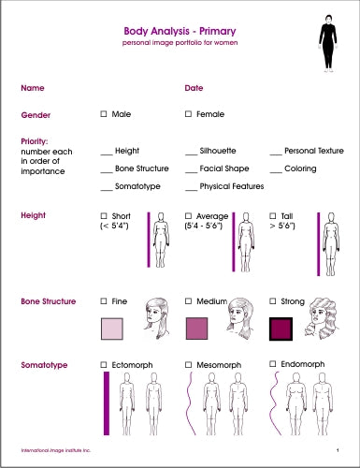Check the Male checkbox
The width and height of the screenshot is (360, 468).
pos(104,114)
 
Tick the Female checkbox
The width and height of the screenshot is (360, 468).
pos(189,114)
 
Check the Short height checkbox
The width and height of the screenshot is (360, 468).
pos(104,215)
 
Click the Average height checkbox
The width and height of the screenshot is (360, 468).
pos(189,215)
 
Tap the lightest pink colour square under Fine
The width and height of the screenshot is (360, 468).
pos(111,329)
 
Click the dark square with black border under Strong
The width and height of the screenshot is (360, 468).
pos(281,329)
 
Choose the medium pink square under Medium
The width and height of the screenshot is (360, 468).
pos(196,329)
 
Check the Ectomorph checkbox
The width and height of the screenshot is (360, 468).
pos(104,362)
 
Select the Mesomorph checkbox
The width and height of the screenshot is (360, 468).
pos(189,362)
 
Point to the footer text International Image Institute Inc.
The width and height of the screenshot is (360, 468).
pos(55,450)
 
